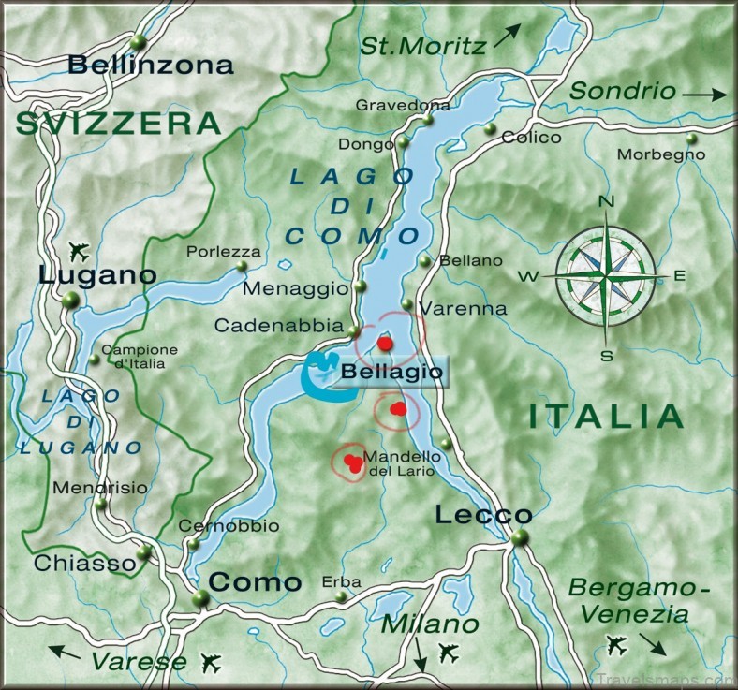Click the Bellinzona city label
click(151, 66)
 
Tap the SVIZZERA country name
click(118, 123)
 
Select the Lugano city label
click(97, 275)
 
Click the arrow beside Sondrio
click(704, 94)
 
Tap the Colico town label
click(532, 138)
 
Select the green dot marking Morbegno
click(691, 139)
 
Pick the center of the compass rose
click(606, 275)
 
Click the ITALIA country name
click(605, 416)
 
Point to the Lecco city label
click(483, 515)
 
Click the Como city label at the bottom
click(255, 581)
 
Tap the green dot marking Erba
click(343, 596)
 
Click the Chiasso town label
click(85, 563)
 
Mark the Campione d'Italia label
click(145, 357)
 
